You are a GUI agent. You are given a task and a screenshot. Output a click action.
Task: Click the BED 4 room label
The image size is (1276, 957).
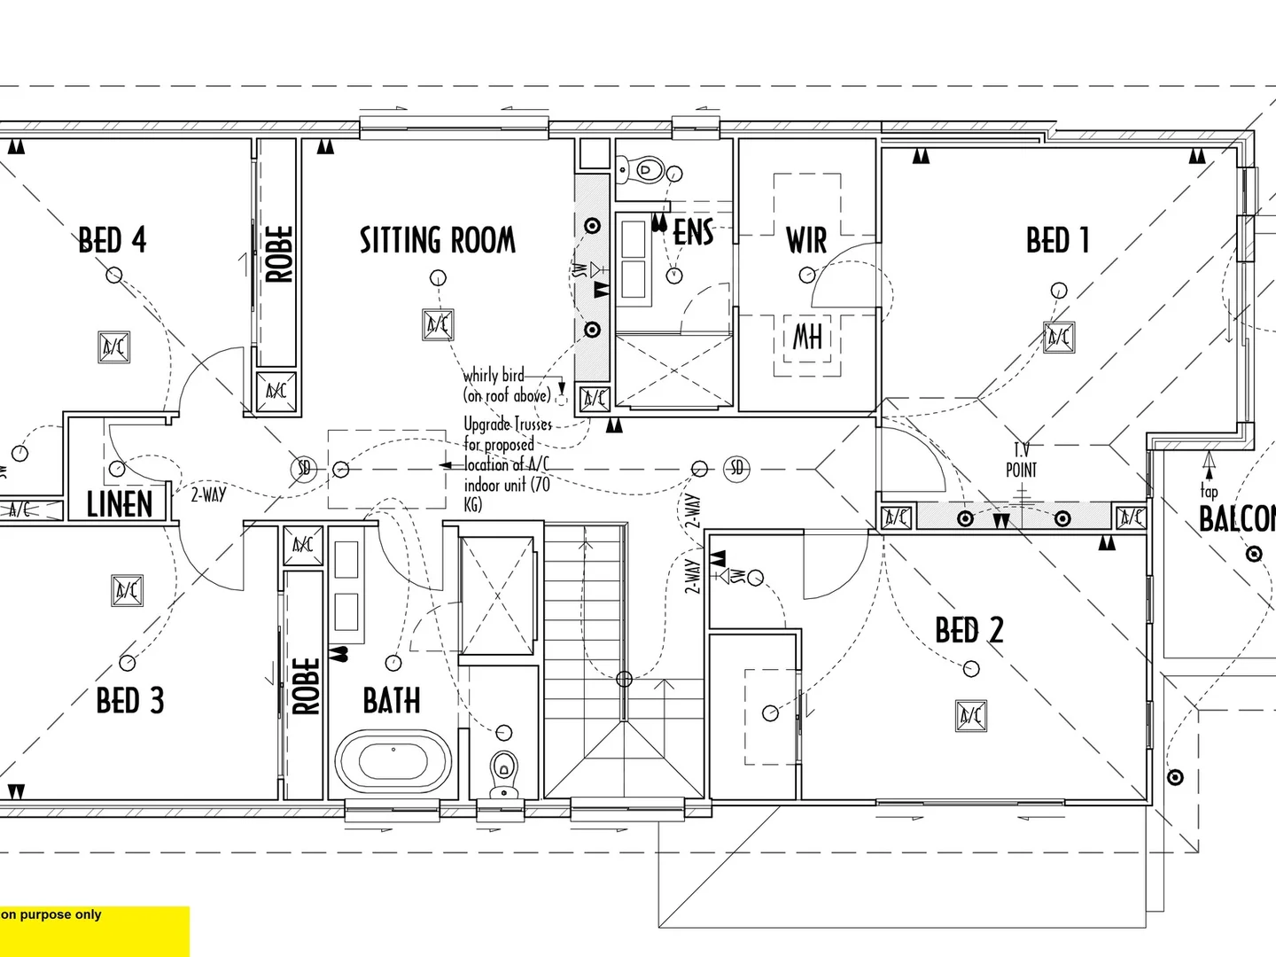(x=112, y=240)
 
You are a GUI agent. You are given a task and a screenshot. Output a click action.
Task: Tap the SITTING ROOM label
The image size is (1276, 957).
(x=437, y=240)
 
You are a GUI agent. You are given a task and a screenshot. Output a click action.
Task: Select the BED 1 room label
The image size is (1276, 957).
(x=1057, y=240)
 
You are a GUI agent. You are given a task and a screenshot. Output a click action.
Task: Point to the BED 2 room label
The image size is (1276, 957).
(x=969, y=631)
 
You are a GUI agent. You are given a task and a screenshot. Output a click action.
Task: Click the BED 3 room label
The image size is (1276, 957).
(x=130, y=701)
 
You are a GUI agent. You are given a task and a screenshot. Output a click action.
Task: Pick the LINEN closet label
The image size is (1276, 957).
(x=120, y=504)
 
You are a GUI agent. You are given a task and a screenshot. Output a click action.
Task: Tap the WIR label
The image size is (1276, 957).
(x=806, y=240)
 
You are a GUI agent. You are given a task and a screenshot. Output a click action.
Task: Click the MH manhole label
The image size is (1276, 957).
(x=806, y=336)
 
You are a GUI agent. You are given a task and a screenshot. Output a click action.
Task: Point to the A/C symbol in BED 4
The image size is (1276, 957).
(x=114, y=346)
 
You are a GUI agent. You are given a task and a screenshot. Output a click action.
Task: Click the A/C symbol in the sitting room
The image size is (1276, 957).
(x=438, y=325)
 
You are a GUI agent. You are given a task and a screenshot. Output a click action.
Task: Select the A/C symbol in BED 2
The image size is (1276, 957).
(x=970, y=715)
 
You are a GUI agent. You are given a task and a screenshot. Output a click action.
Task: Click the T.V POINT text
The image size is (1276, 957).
(x=1021, y=461)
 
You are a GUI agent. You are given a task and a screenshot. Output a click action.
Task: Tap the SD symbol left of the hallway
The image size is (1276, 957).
(x=304, y=468)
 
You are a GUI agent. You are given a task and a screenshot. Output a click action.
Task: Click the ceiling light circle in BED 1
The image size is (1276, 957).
(x=1059, y=290)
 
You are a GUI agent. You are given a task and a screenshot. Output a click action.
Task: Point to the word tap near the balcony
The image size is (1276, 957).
(x=1209, y=491)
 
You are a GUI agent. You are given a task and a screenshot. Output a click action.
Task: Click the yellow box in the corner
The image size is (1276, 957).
(x=94, y=930)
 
